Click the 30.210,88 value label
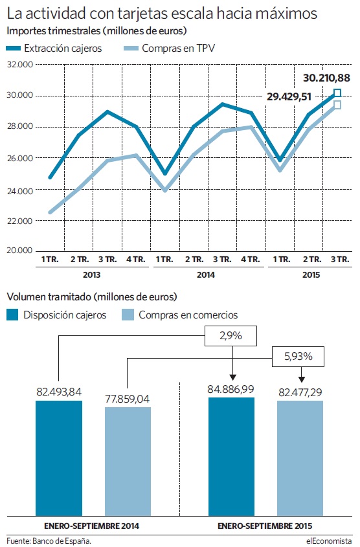[x=326, y=78]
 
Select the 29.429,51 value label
[x=289, y=96]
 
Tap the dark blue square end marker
[x=337, y=93]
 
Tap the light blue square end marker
[x=337, y=105]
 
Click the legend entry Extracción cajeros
[x=54, y=48]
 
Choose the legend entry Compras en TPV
[x=170, y=48]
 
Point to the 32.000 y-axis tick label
[x=20, y=65]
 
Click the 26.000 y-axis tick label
[x=20, y=158]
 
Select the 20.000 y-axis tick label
[x=20, y=250]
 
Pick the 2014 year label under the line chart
[x=206, y=275]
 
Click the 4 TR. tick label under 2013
[x=136, y=260]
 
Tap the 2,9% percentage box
[x=231, y=336]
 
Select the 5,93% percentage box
[x=298, y=357]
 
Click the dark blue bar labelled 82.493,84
[x=59, y=458]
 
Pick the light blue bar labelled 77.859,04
[x=128, y=462]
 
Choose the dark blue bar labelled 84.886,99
[x=232, y=456]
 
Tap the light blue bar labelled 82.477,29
[x=300, y=458]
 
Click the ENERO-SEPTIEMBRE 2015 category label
[x=265, y=526]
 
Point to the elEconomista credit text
[x=329, y=541]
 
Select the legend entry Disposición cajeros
[x=56, y=315]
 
